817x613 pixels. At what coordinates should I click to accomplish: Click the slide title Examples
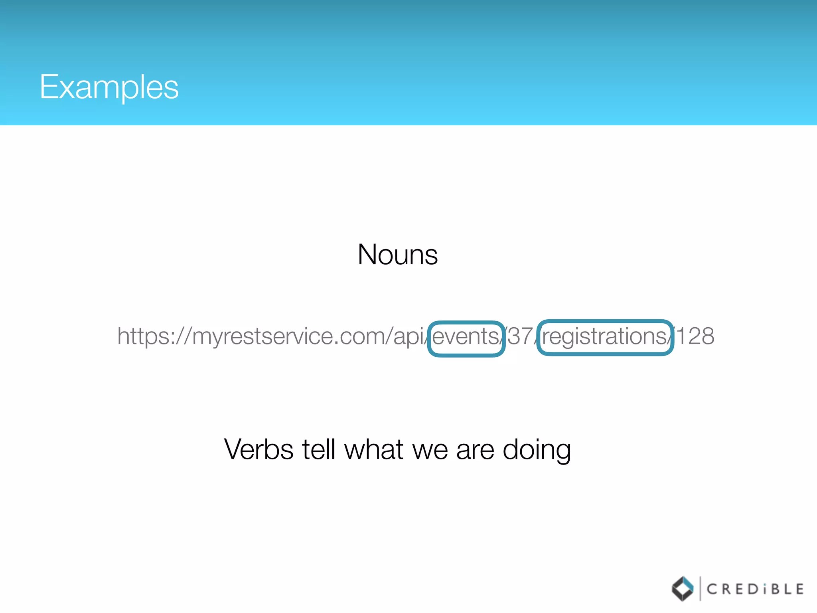(x=109, y=87)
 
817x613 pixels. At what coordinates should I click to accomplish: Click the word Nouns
(x=398, y=255)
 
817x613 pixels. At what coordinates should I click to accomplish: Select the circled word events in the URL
(x=465, y=336)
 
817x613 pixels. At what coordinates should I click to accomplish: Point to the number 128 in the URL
(x=695, y=336)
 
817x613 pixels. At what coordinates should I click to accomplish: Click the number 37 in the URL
(x=520, y=336)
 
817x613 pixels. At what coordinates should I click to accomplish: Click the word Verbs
(x=259, y=450)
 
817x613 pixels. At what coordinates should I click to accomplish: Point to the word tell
(x=318, y=450)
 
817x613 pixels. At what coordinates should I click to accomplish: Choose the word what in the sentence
(x=373, y=450)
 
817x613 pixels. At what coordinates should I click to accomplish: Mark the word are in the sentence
(x=475, y=450)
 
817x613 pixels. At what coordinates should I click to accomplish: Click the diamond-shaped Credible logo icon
(x=683, y=589)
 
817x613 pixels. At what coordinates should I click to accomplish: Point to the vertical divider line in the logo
(x=700, y=588)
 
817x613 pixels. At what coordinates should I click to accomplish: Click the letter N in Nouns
(x=367, y=255)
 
